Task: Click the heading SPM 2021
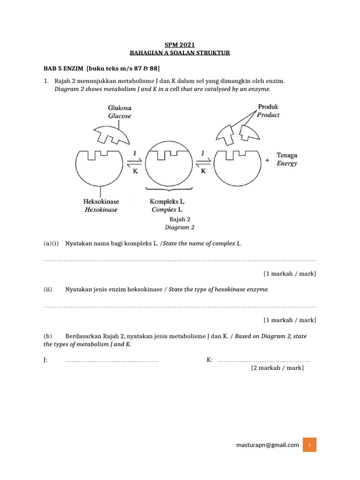pyautogui.click(x=180, y=45)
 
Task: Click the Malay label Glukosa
pyautogui.click(x=120, y=107)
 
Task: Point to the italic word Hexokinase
pyautogui.click(x=101, y=210)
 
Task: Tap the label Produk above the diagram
pyautogui.click(x=268, y=107)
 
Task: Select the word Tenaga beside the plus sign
pyautogui.click(x=287, y=155)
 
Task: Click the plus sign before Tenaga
pyautogui.click(x=268, y=160)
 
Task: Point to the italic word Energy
pyautogui.click(x=287, y=164)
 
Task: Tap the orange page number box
pyautogui.click(x=309, y=445)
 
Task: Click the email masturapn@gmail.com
pyautogui.click(x=268, y=445)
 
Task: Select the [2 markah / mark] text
pyautogui.click(x=277, y=368)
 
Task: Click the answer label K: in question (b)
pyautogui.click(x=210, y=360)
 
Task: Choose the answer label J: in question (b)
pyautogui.click(x=45, y=360)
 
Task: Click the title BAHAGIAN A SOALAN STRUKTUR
pyautogui.click(x=180, y=53)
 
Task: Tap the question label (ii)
pyautogui.click(x=48, y=290)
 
